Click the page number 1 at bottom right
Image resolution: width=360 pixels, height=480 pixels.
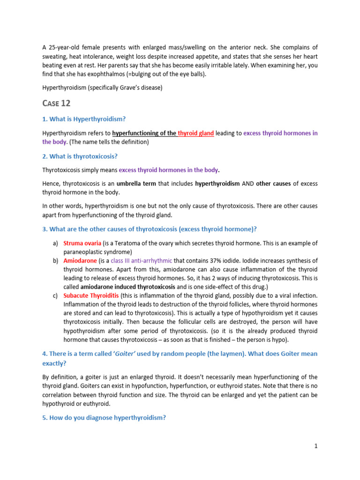tap(316, 446)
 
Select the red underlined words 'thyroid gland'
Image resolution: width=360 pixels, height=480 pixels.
tap(196, 133)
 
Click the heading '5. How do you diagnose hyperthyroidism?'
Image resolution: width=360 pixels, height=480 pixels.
tap(104, 418)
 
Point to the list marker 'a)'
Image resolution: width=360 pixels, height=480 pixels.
tap(55, 243)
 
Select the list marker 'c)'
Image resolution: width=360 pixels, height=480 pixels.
tap(55, 295)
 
